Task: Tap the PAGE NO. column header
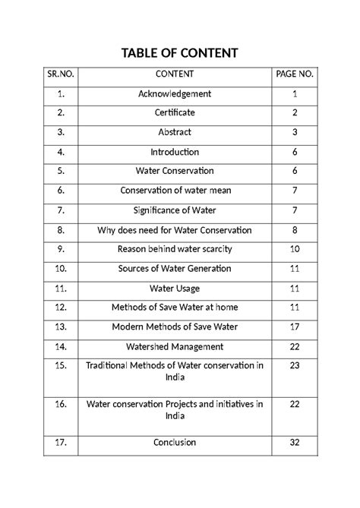tap(293, 74)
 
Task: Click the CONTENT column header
tap(175, 74)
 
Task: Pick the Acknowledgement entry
tap(175, 93)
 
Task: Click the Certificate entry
tap(175, 113)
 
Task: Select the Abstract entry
tap(175, 132)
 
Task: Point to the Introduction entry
tap(175, 152)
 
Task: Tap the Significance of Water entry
tap(175, 210)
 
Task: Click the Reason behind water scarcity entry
tap(175, 249)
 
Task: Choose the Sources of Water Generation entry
tap(175, 269)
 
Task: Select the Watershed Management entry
tap(175, 347)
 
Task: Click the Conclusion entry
tap(175, 442)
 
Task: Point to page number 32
tap(293, 442)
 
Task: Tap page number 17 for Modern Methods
tap(293, 327)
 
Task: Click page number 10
tap(293, 249)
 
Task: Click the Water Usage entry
tap(175, 289)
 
